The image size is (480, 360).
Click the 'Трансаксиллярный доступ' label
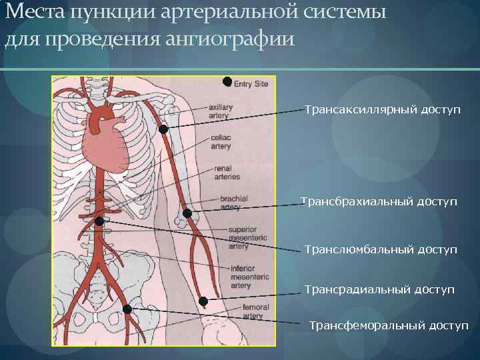tap(382, 109)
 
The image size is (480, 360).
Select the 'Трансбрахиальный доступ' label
tap(379, 201)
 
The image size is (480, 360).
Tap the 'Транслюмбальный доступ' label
tap(381, 249)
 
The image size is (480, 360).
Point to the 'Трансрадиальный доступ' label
tap(379, 289)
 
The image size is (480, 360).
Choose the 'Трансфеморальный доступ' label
tap(389, 325)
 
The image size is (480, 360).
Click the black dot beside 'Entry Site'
tap(227, 82)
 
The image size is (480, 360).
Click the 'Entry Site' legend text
tap(251, 83)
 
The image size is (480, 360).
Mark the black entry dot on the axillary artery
tap(163, 129)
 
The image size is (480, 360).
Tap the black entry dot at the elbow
tap(187, 213)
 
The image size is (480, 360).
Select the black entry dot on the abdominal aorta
tap(99, 221)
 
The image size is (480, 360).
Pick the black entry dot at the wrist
tap(203, 301)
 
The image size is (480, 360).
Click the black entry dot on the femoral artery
tap(127, 309)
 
